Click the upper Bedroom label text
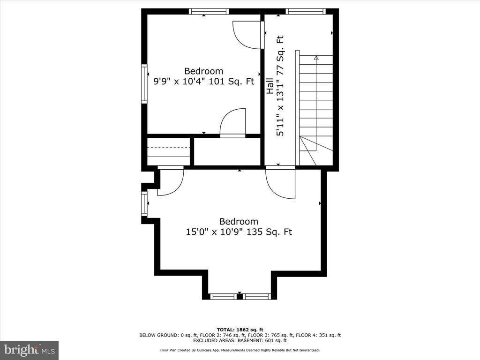203,71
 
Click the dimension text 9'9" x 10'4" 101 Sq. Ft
204,81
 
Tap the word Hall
270,86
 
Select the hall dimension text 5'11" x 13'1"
280,106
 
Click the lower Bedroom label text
239,222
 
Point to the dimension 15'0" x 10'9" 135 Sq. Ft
239,232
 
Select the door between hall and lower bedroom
280,184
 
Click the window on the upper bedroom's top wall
209,11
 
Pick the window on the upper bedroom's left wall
144,83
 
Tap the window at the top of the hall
305,11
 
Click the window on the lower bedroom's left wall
144,203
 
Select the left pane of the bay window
223,296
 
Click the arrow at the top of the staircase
316,58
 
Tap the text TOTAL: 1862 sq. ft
240,329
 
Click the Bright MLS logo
29,350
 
